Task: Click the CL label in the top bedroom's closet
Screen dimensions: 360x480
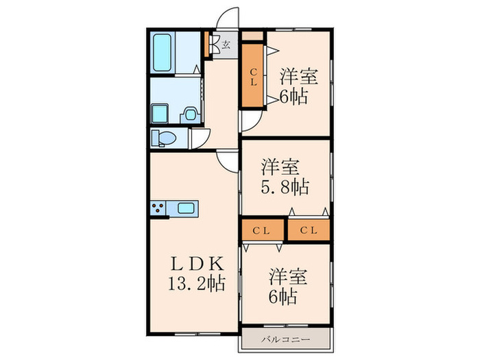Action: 252,76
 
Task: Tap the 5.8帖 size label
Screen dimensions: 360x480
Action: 284,185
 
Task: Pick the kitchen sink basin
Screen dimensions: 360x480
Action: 187,208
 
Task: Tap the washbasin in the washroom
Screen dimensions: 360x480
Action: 191,113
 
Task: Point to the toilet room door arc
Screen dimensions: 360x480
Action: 200,139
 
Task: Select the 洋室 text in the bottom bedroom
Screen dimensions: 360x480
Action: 287,278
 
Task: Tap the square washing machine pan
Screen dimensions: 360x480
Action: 160,112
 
